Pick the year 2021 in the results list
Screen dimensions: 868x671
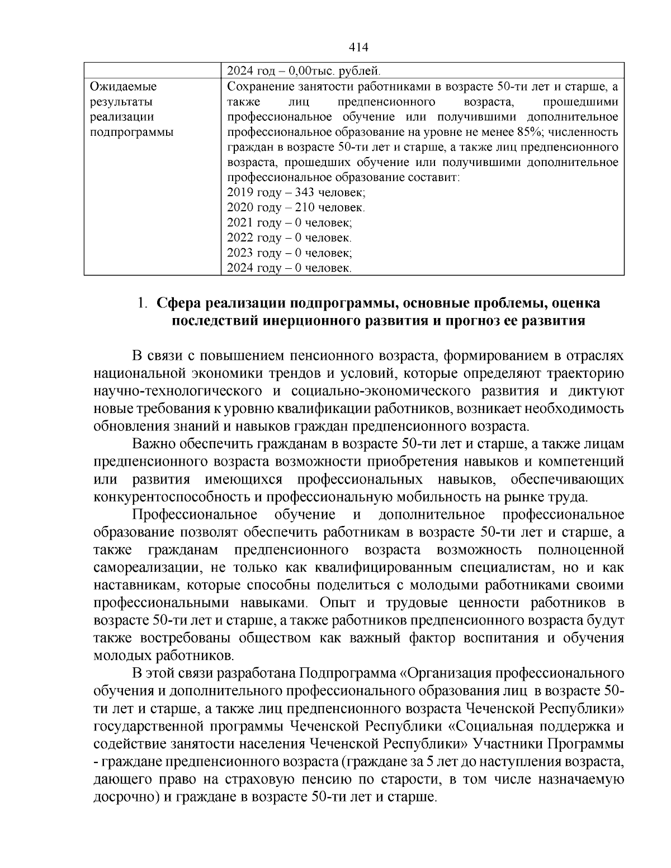click(x=240, y=223)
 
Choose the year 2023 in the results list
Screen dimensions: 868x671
click(x=240, y=253)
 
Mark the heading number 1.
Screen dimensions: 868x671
click(x=142, y=303)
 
